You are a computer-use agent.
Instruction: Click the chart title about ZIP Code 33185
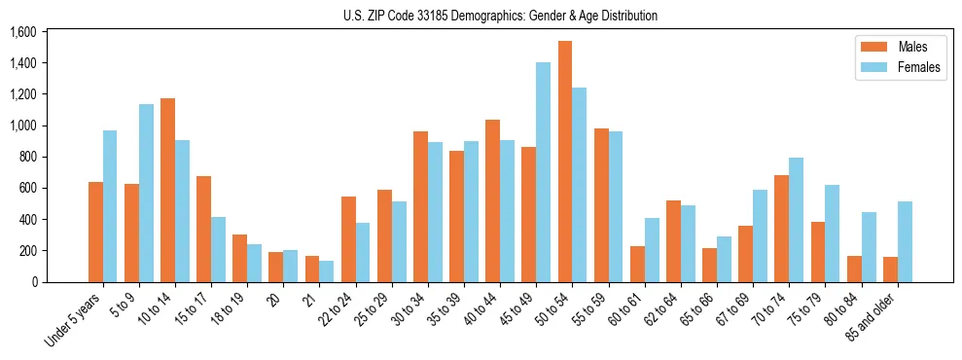(x=500, y=16)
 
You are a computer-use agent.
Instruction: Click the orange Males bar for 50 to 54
(x=565, y=162)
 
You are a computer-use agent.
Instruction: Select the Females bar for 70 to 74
(x=797, y=220)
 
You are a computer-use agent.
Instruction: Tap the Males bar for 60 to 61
(x=637, y=264)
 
